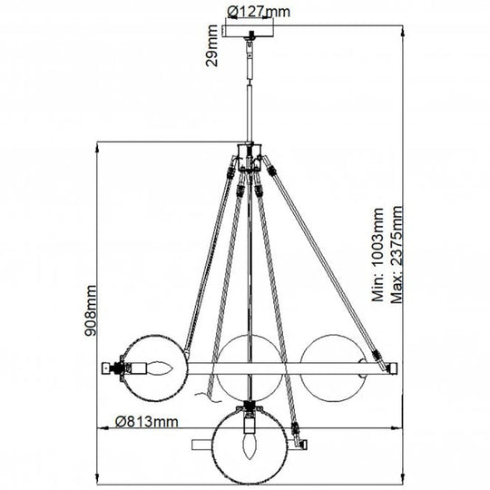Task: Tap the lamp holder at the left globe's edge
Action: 117,367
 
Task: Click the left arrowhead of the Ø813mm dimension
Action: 101,430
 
